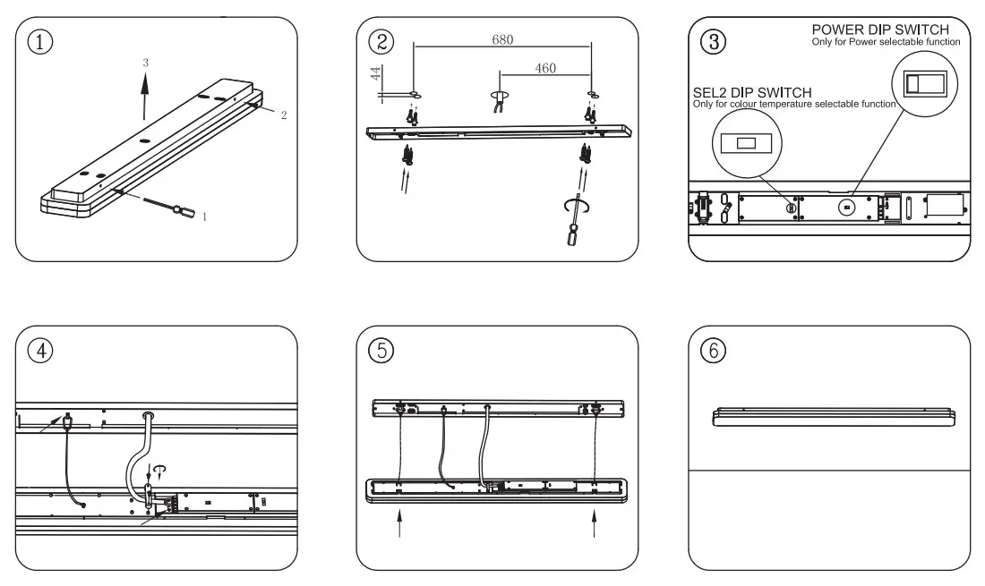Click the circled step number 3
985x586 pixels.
(712, 42)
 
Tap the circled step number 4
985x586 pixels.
(39, 350)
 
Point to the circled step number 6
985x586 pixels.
(713, 352)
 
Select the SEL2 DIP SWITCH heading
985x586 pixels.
(752, 93)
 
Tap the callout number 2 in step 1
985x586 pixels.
(284, 115)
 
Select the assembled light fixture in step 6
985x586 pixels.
(834, 416)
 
